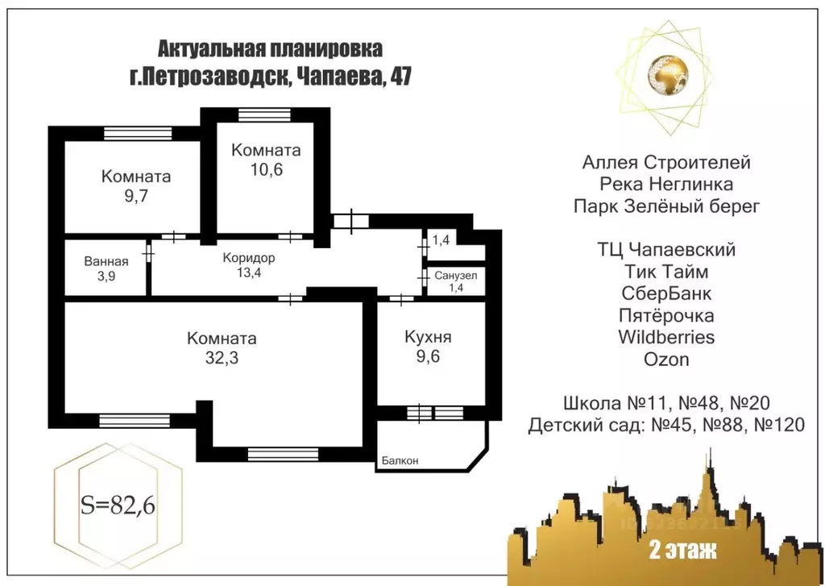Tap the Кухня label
[x=428, y=337]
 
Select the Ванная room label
[x=106, y=261]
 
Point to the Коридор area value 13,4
[x=249, y=272]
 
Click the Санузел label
[x=456, y=276]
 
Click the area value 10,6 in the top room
[x=266, y=169]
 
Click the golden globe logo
[x=665, y=72]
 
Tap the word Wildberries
[x=666, y=336]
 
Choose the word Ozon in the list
[x=666, y=359]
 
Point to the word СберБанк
[x=666, y=293]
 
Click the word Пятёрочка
[x=666, y=314]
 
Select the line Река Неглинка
[x=666, y=185]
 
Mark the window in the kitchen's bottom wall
[x=432, y=414]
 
